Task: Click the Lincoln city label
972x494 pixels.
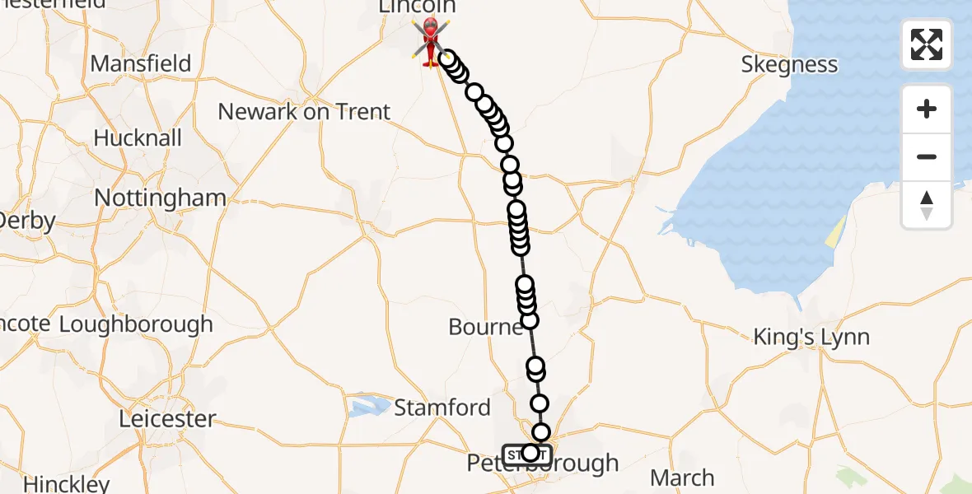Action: click(416, 7)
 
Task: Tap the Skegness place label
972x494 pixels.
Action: click(789, 64)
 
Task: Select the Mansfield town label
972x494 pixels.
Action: click(140, 63)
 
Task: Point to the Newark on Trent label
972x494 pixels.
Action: click(304, 111)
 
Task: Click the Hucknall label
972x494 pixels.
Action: click(138, 137)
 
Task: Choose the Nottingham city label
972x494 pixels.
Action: click(160, 198)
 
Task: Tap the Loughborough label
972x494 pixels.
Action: click(136, 324)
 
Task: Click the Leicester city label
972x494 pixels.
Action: click(166, 418)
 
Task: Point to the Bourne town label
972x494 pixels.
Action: click(485, 327)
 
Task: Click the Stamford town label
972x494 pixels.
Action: click(442, 407)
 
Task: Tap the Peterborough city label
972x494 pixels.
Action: click(543, 464)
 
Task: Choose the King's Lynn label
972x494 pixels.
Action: click(812, 337)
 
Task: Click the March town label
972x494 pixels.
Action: click(682, 478)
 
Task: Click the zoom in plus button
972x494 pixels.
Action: click(927, 109)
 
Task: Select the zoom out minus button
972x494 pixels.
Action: click(927, 156)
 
